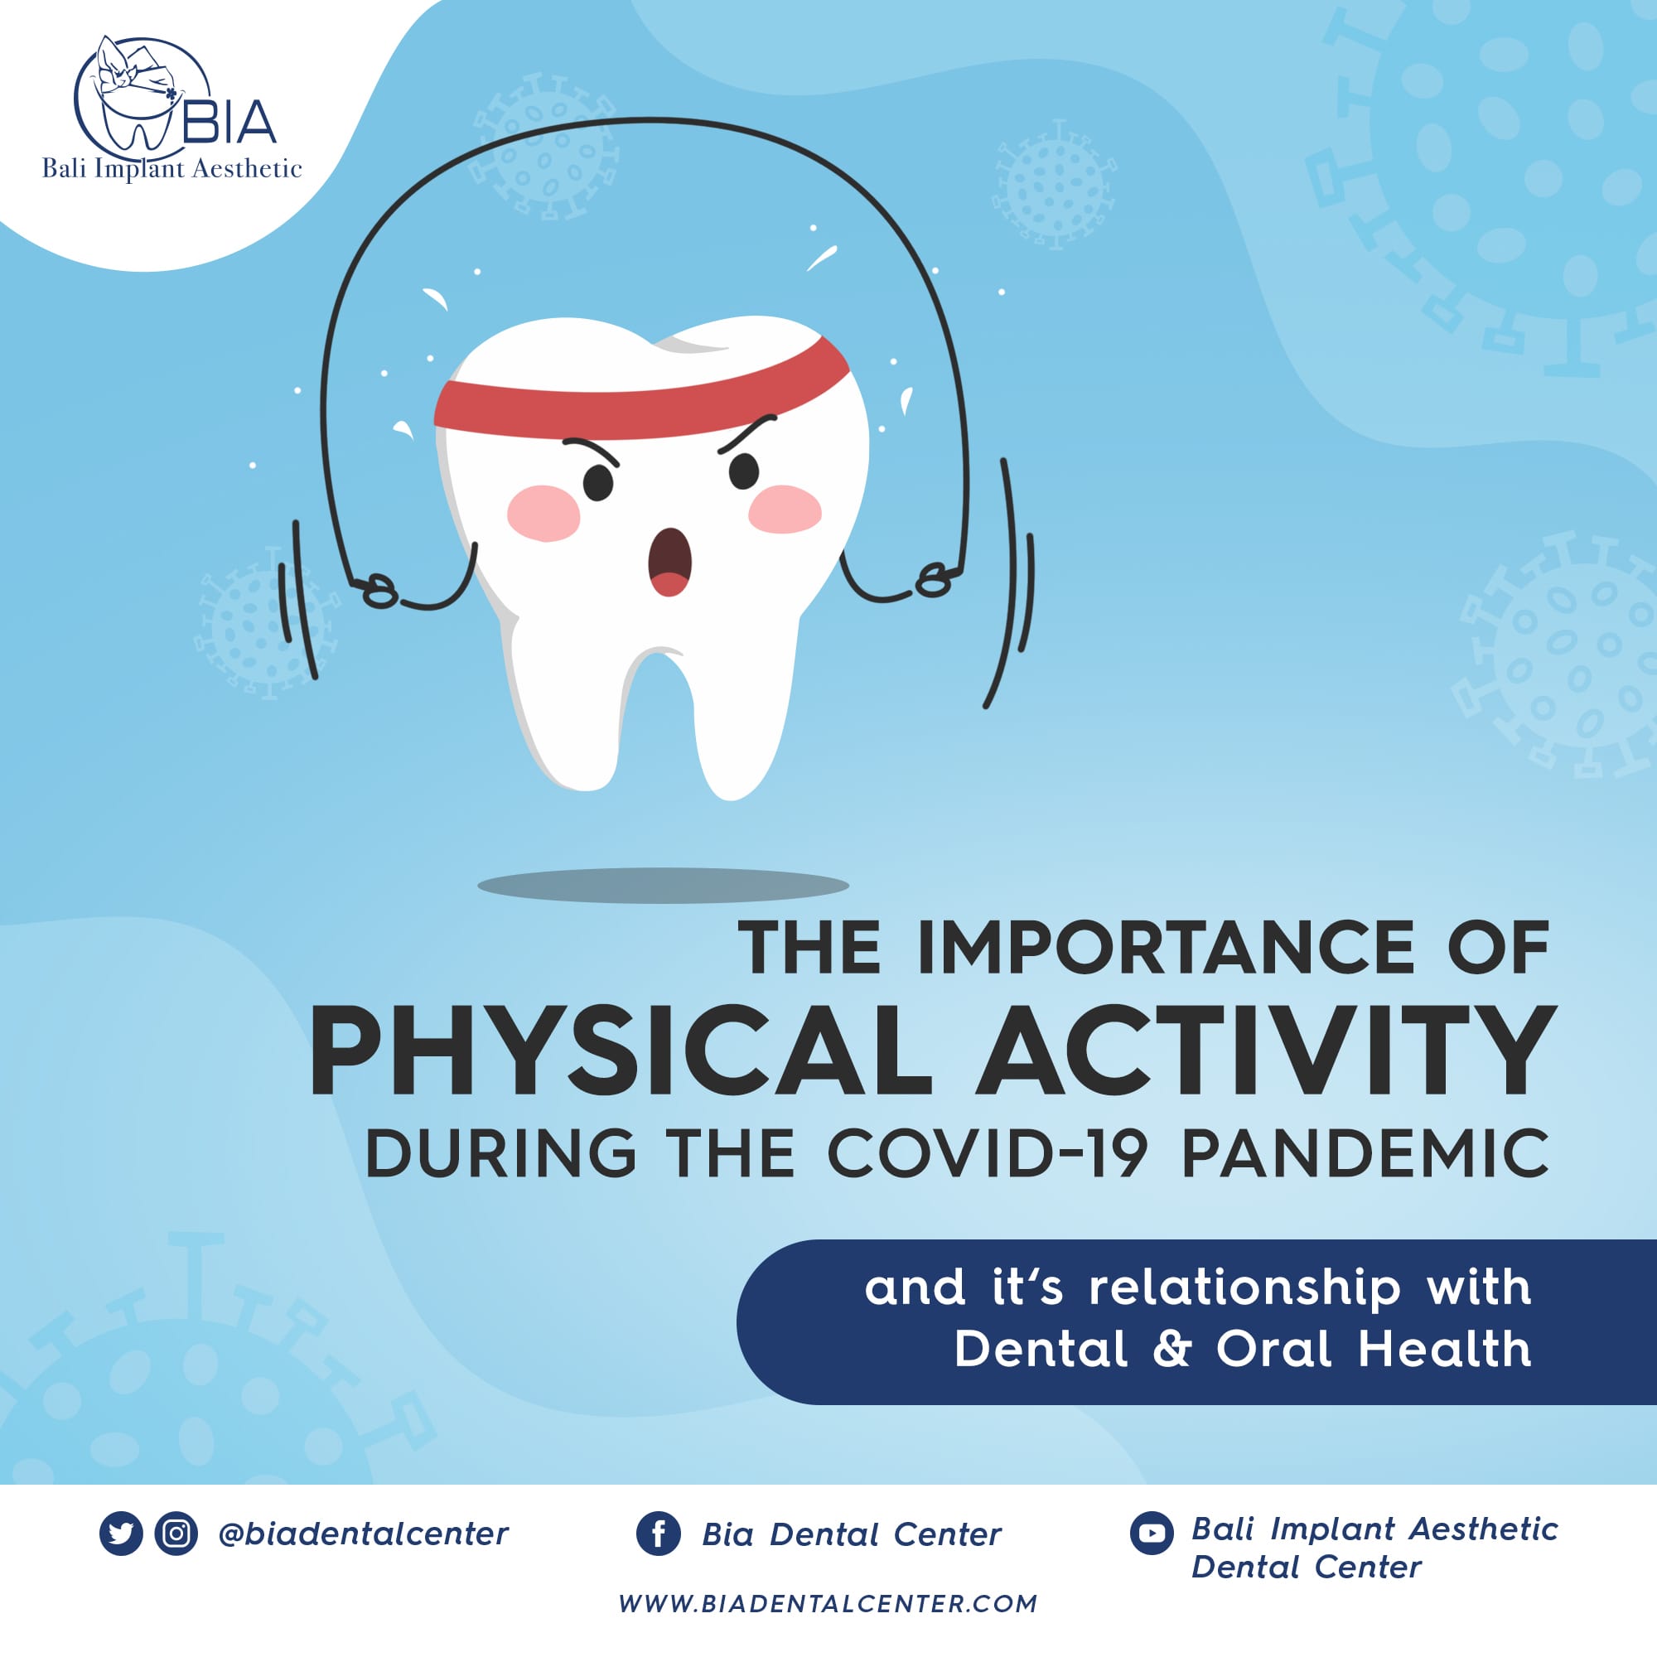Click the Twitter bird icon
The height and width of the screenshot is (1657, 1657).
(121, 1534)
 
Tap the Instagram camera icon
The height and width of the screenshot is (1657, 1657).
(176, 1534)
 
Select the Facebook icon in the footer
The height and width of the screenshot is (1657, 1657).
(659, 1534)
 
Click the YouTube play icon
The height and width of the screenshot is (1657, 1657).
(1151, 1534)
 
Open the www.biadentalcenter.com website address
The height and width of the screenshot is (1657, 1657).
(828, 1604)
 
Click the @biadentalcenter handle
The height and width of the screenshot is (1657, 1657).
(364, 1534)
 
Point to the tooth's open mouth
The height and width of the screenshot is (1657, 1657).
(669, 562)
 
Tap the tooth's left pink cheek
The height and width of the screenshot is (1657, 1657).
(543, 514)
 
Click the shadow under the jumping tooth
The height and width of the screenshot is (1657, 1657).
(663, 885)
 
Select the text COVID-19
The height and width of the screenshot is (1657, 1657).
(986, 1154)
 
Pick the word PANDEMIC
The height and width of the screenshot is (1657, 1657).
(1365, 1154)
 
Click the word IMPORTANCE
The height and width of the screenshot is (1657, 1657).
(1166, 949)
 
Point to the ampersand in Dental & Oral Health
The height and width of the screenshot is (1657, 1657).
(1171, 1349)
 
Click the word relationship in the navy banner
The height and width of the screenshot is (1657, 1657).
(1244, 1289)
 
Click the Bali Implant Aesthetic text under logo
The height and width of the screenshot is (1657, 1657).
(171, 169)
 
